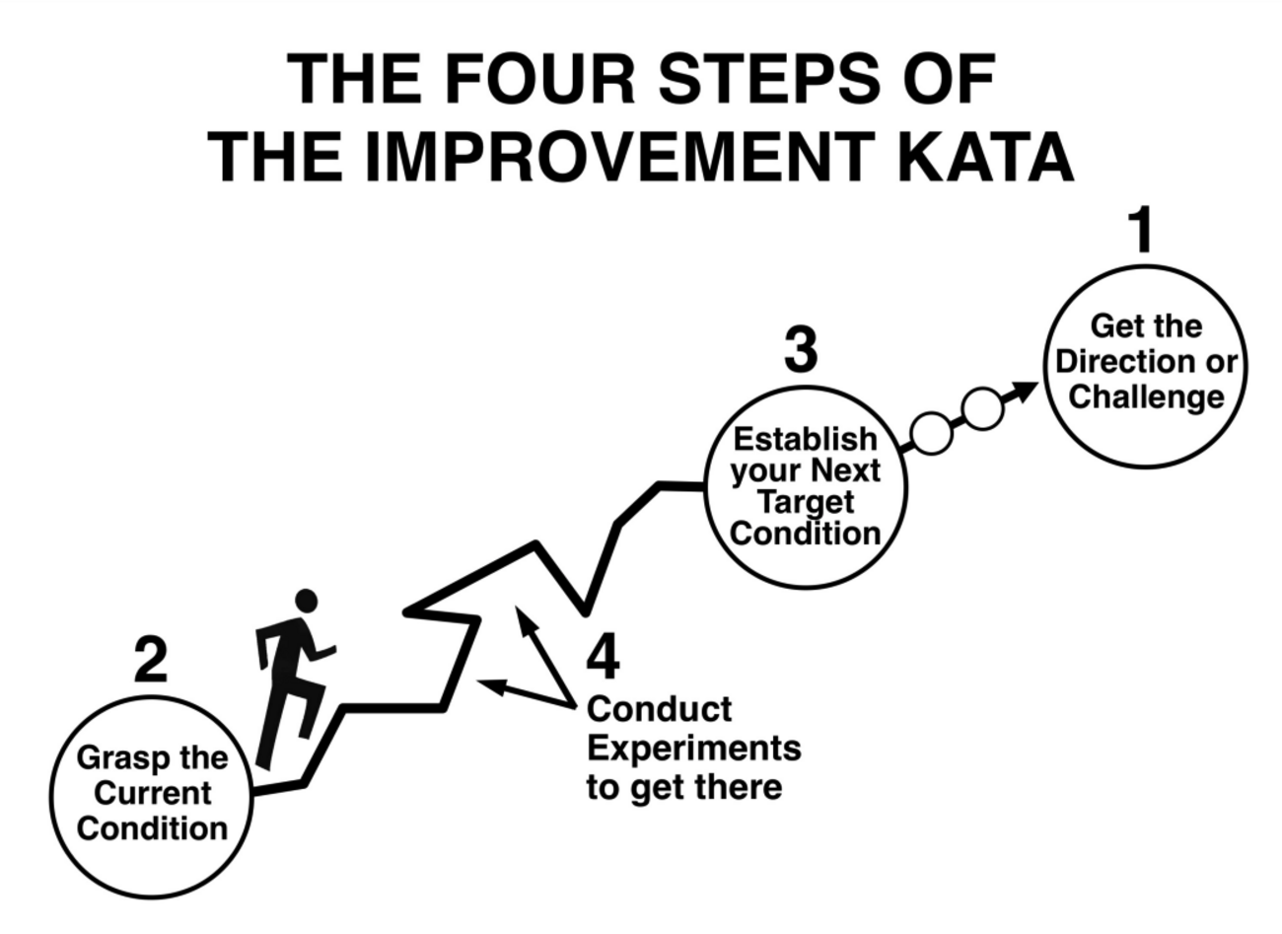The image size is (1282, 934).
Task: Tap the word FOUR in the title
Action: pos(540,78)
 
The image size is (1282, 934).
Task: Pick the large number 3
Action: pos(801,349)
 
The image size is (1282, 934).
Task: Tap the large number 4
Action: pos(604,657)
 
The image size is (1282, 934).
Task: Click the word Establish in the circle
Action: pos(806,440)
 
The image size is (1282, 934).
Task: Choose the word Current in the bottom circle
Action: pos(153,793)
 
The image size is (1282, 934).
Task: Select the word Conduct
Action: pos(660,710)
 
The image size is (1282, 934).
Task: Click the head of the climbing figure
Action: pos(306,601)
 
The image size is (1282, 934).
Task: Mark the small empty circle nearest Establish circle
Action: pos(932,433)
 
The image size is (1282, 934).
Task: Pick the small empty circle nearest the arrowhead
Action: pos(982,408)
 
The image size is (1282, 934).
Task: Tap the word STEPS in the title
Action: pos(770,78)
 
